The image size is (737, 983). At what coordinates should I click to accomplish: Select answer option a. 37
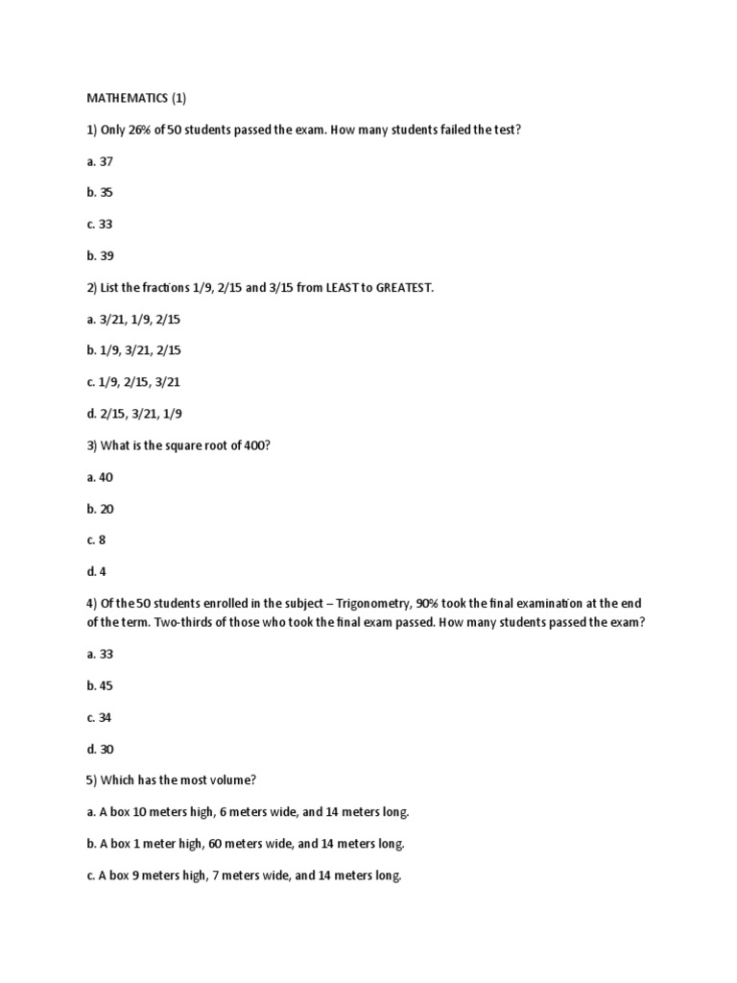[x=100, y=160]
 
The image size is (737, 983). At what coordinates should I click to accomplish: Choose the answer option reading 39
[x=100, y=255]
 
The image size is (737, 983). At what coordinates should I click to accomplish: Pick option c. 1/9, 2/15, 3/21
[x=133, y=382]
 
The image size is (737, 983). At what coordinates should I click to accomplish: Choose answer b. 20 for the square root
[x=100, y=509]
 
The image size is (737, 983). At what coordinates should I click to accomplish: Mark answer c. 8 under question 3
[x=96, y=540]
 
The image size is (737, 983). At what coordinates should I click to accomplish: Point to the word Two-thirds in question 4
[x=150, y=622]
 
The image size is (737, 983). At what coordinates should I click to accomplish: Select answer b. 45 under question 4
[x=100, y=685]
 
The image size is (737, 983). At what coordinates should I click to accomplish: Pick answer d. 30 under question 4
[x=100, y=749]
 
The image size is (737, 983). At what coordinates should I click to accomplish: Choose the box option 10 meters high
[x=248, y=812]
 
